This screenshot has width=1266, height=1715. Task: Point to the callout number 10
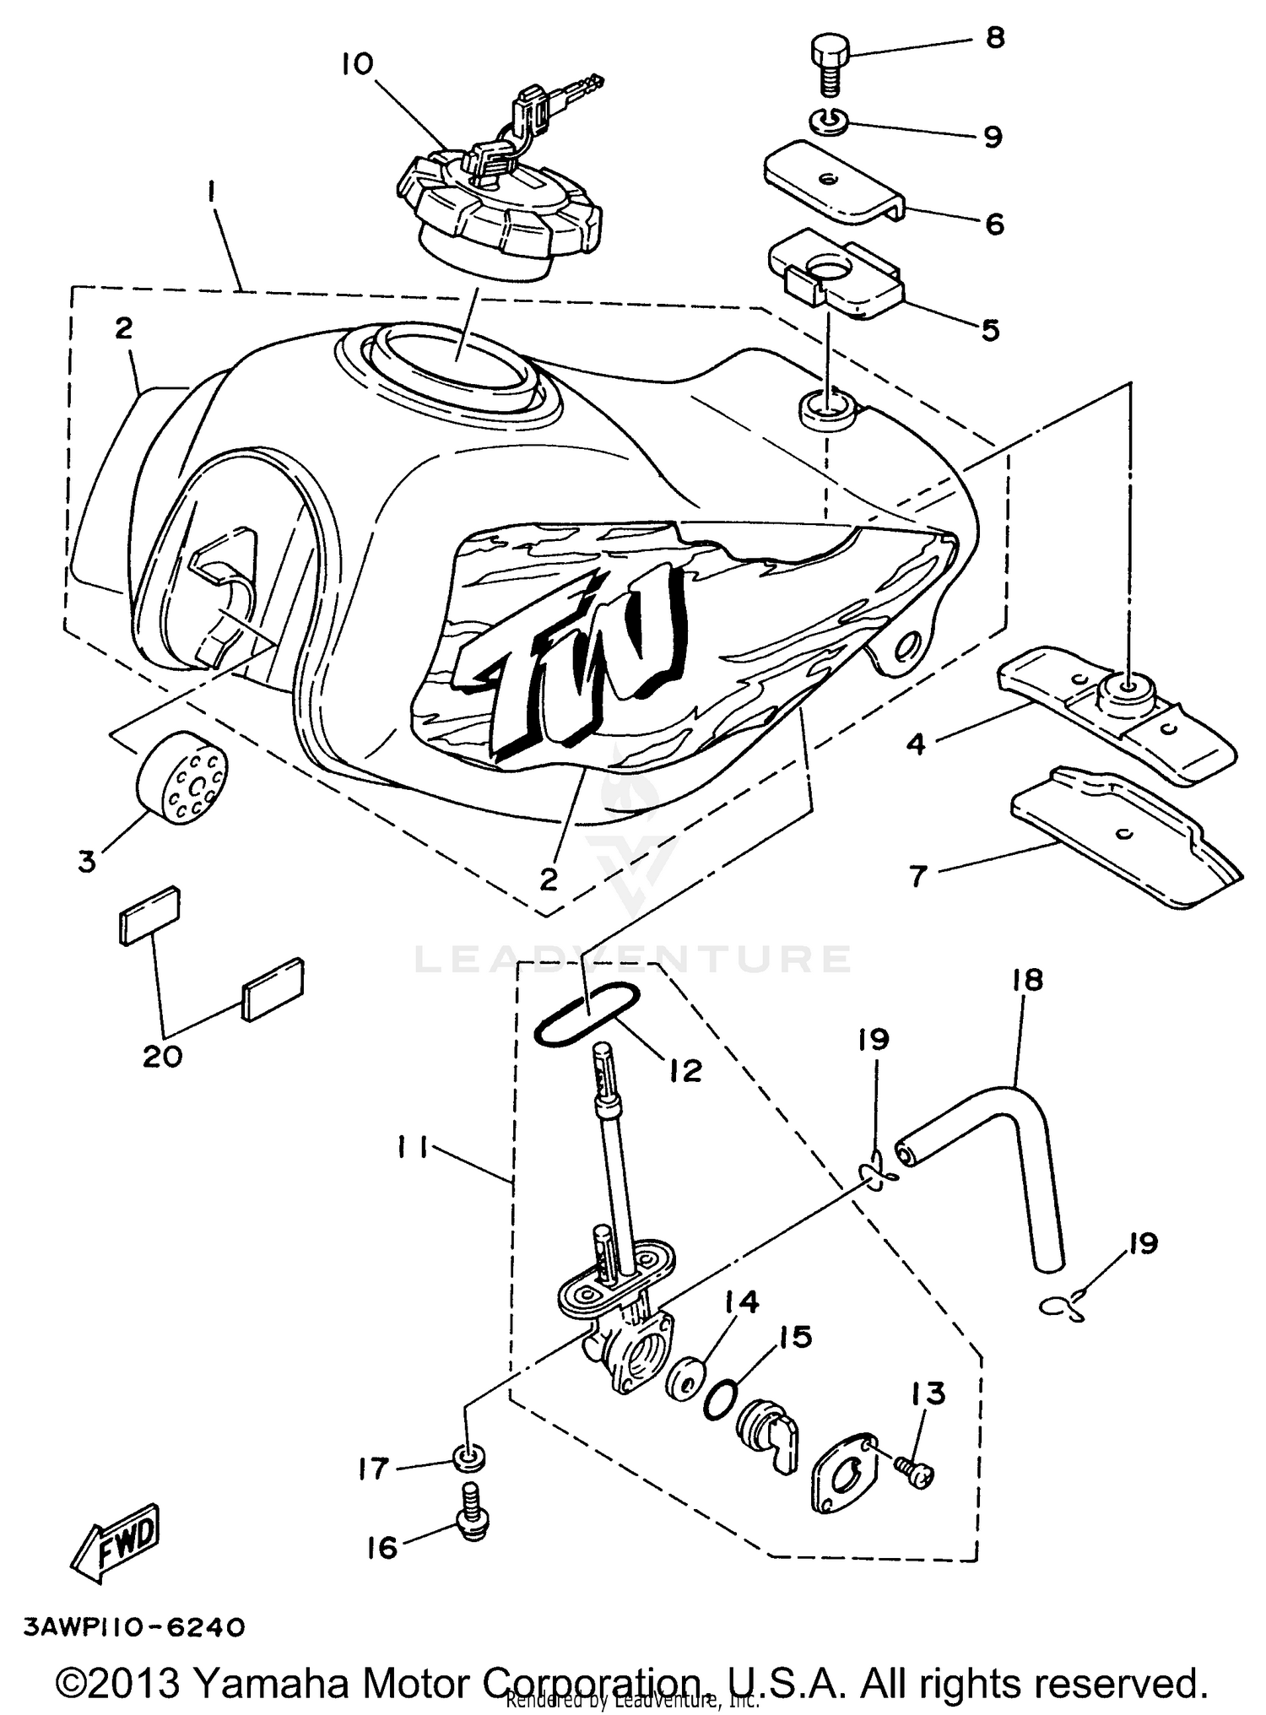pyautogui.click(x=358, y=64)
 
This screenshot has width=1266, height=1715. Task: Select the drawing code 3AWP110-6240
pyautogui.click(x=134, y=1627)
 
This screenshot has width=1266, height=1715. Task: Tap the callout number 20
pyautogui.click(x=162, y=1055)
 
